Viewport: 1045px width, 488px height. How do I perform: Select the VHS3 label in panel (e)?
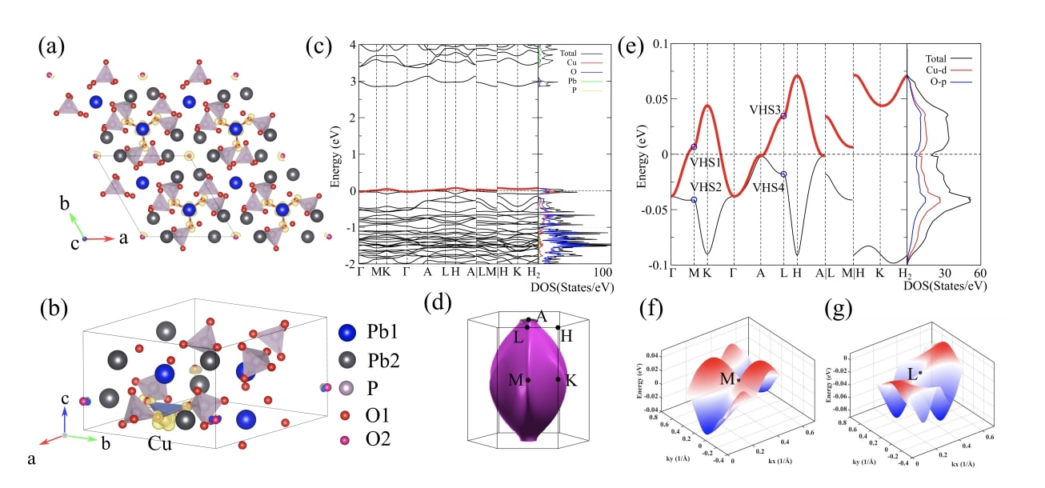coord(766,109)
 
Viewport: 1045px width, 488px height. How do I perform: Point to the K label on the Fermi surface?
coord(571,381)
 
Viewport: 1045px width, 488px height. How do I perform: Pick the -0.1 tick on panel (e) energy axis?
coord(653,266)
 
